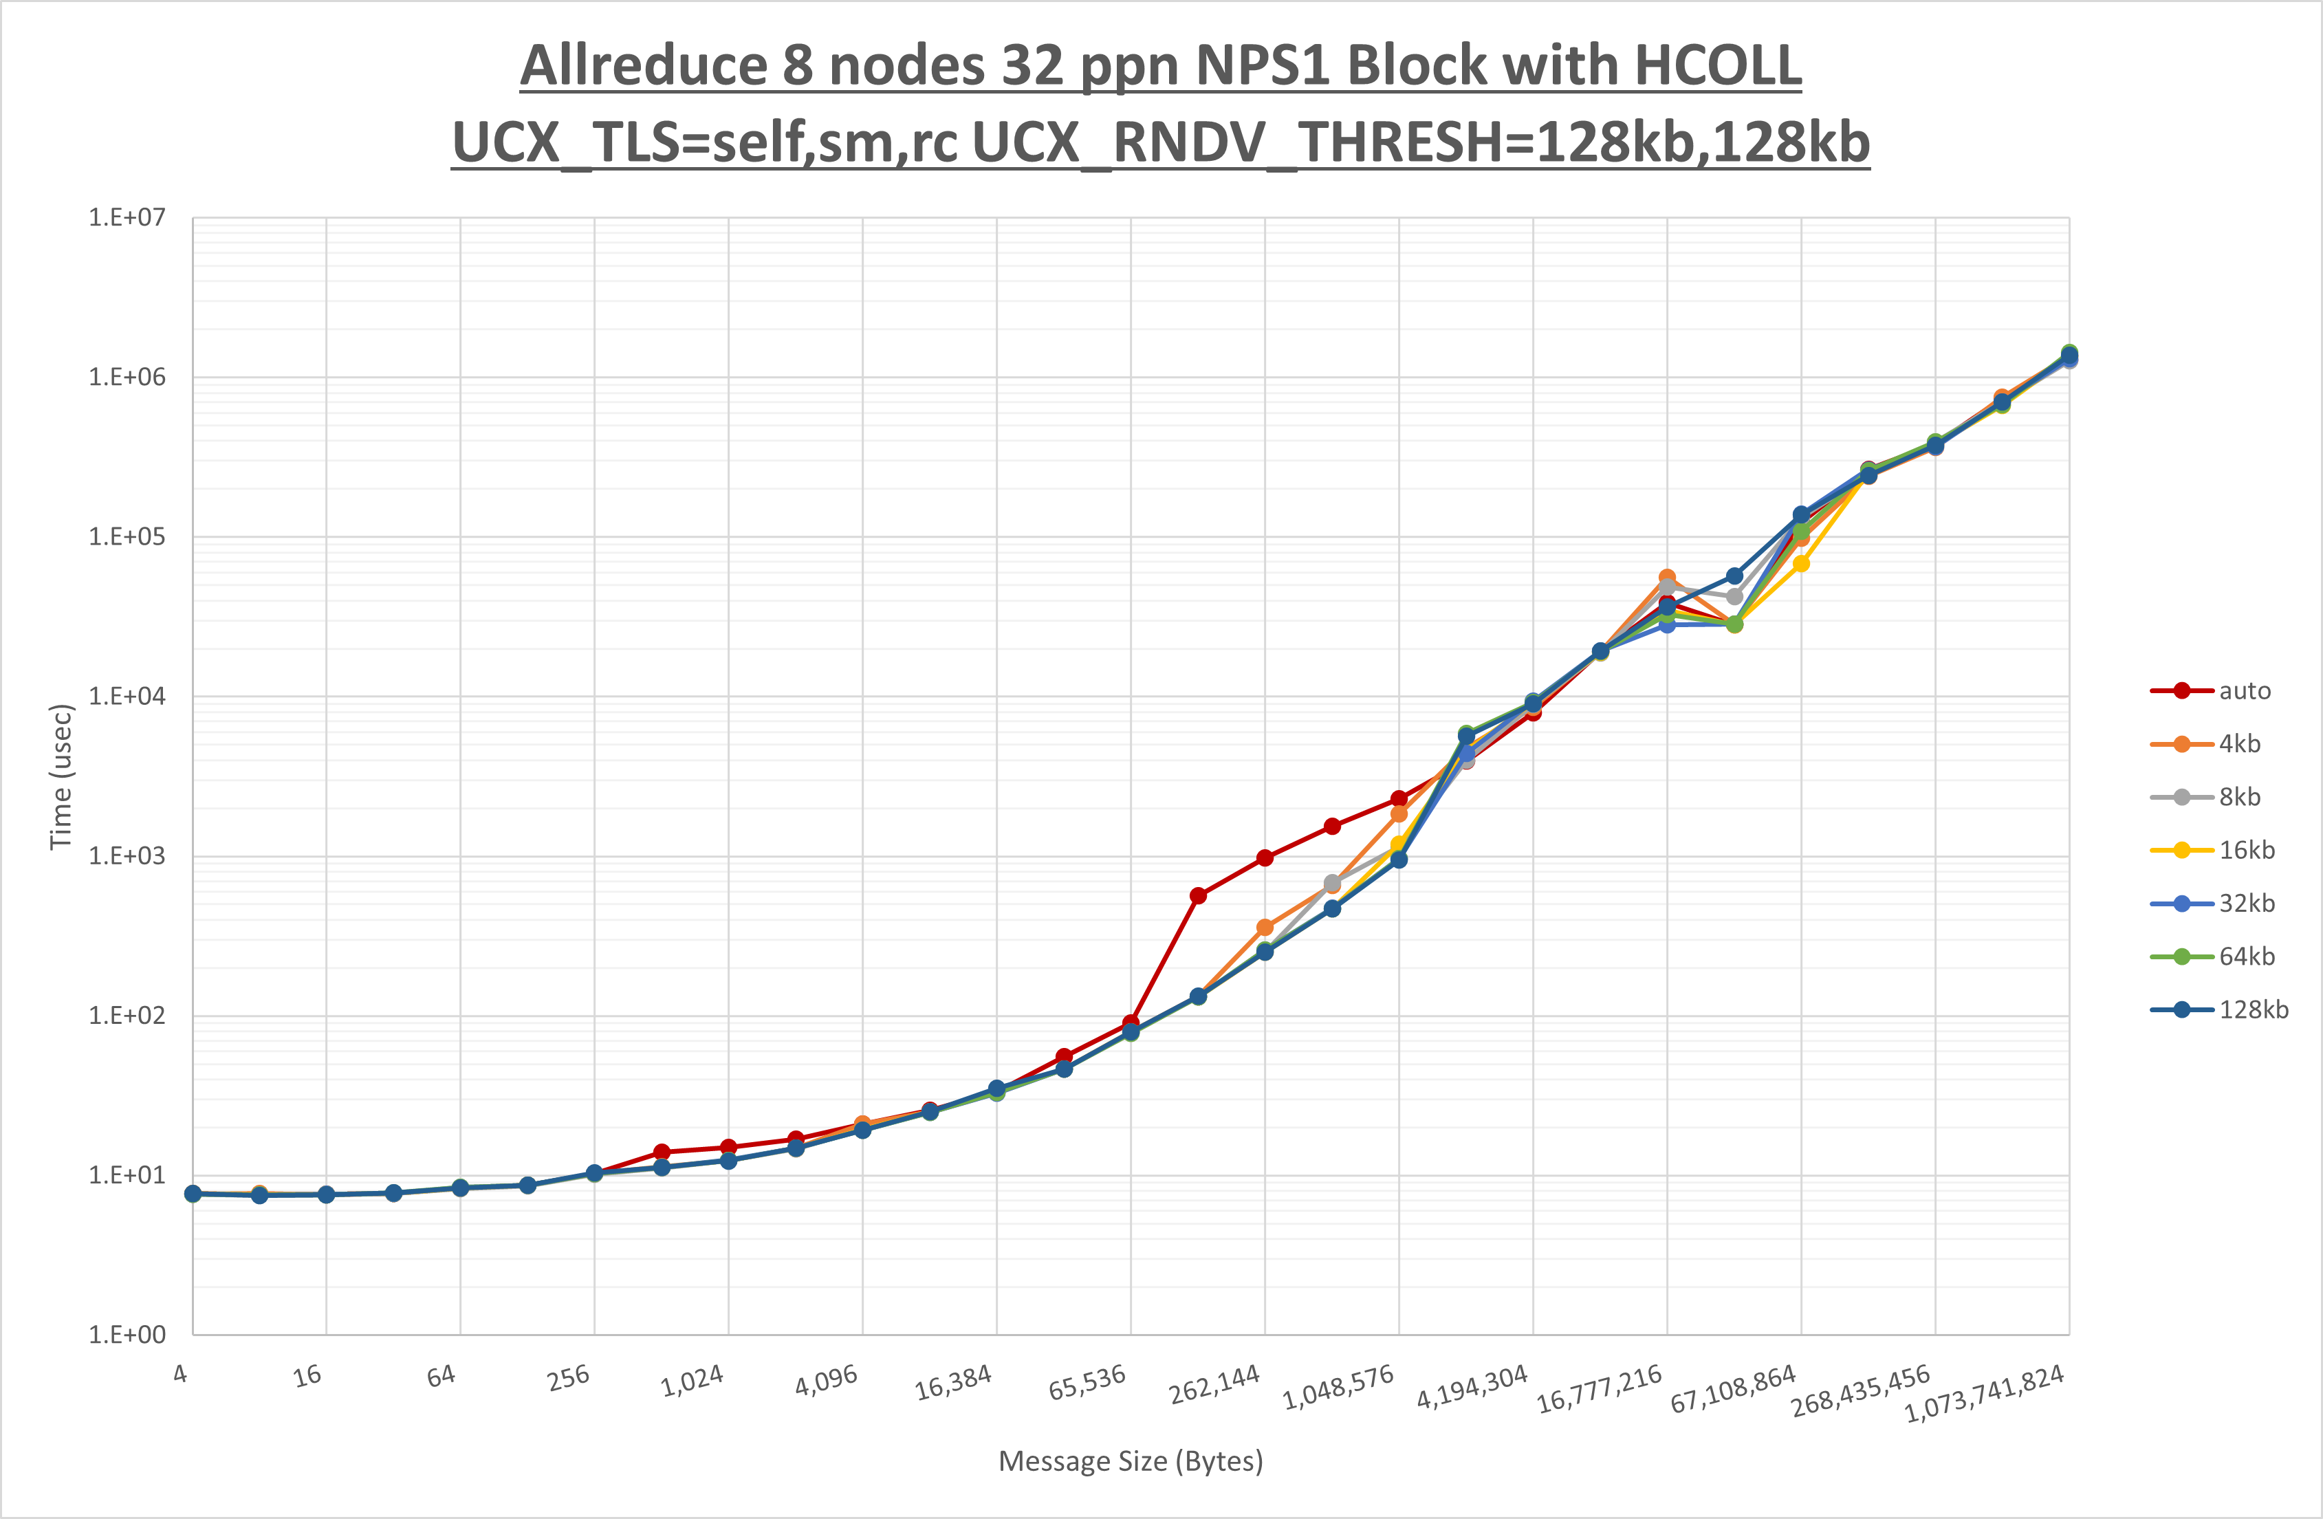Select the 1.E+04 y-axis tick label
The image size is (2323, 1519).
(x=127, y=696)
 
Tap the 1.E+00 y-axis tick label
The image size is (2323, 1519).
(x=127, y=1335)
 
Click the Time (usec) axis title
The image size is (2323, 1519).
(x=61, y=777)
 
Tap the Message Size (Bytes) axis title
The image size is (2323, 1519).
(x=1131, y=1461)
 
